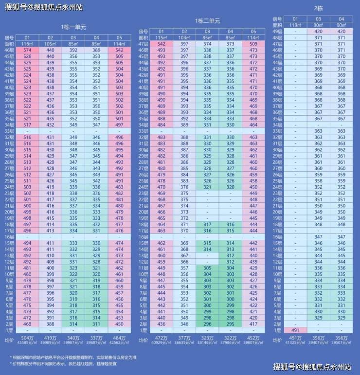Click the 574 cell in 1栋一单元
27,50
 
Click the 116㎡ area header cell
27,44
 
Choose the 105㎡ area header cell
50,44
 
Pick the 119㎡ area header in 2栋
295,25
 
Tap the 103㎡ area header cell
184,37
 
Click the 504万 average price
27,338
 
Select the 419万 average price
50,338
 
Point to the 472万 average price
161,338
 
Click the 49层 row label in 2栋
278,31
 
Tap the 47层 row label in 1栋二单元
143,44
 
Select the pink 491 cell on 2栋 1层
295,330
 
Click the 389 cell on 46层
96,50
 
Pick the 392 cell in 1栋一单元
73,50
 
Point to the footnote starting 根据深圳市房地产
77,357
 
